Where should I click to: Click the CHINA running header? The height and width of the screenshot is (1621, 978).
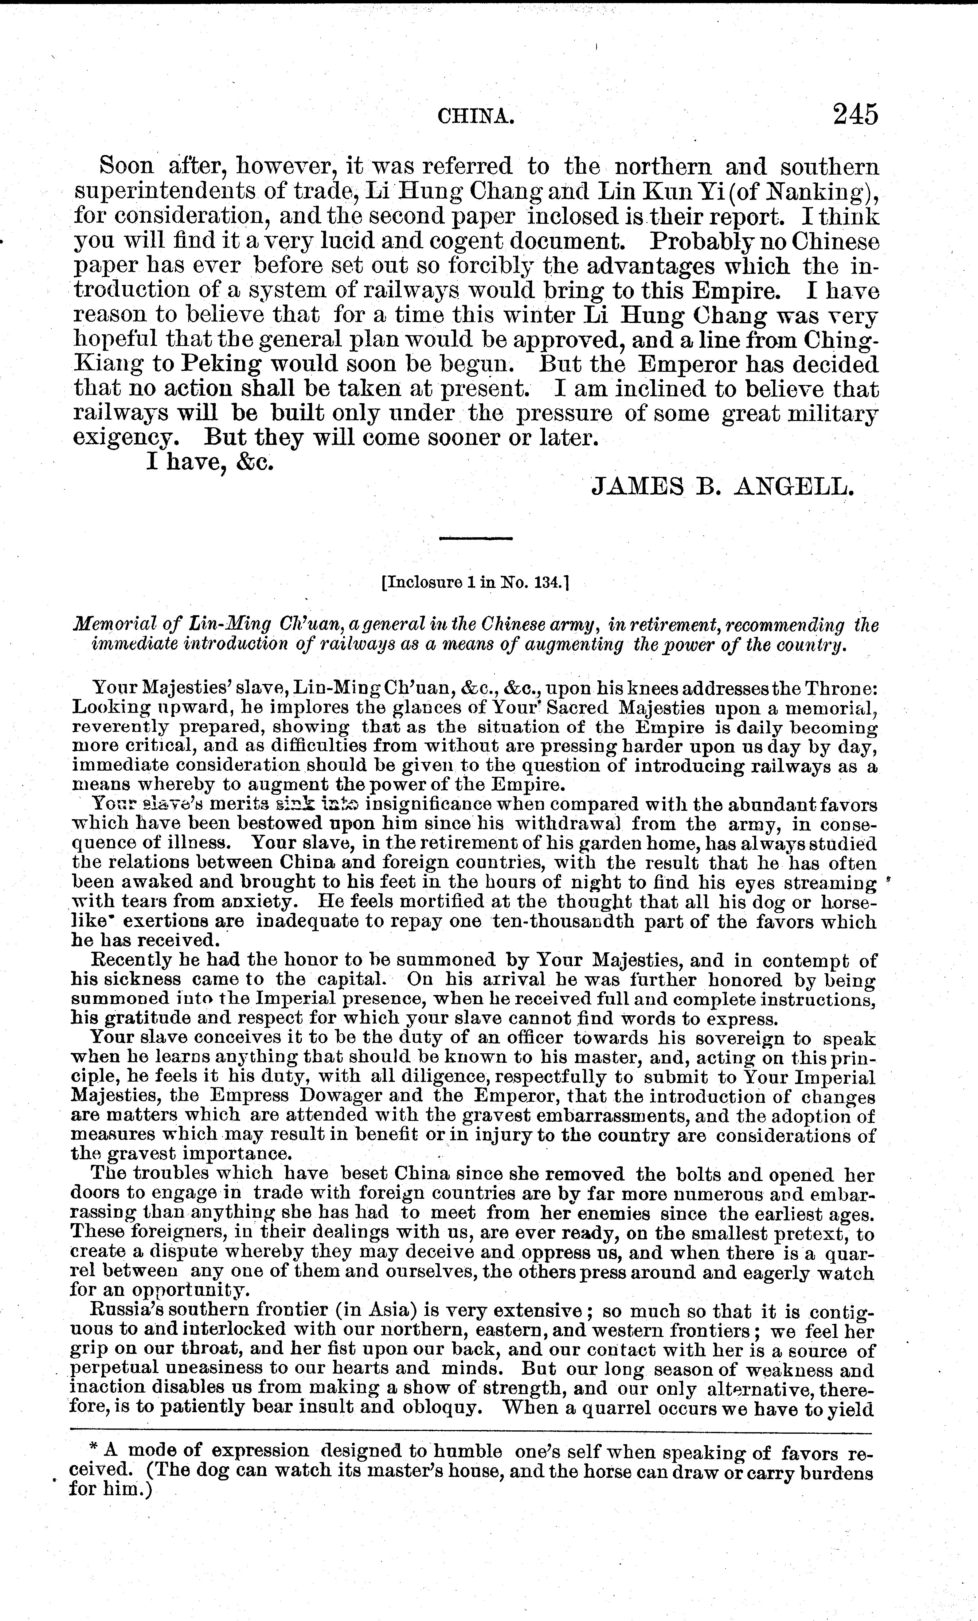[x=475, y=117]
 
